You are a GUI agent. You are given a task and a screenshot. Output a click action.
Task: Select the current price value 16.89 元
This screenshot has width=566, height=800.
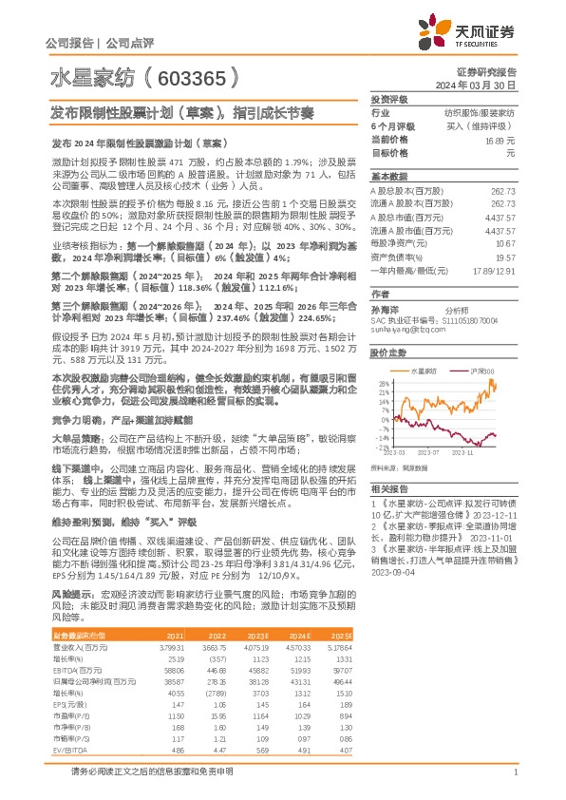tap(500, 139)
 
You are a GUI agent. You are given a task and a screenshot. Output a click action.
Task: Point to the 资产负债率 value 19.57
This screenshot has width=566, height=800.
tap(505, 257)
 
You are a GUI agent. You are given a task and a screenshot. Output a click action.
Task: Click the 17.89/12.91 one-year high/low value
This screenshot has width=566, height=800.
tap(492, 270)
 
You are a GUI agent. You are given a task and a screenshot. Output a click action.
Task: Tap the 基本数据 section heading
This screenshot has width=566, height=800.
tap(387, 177)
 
